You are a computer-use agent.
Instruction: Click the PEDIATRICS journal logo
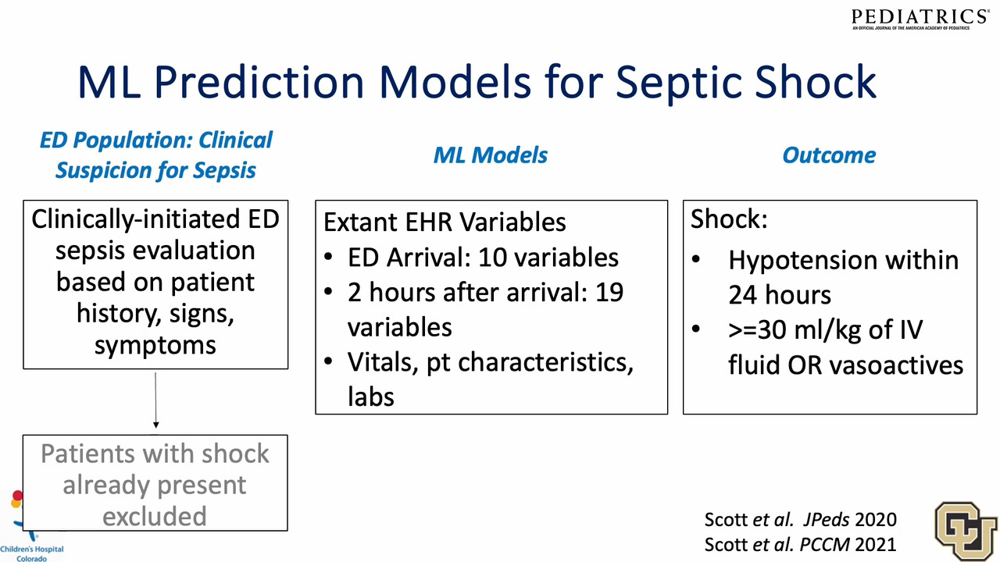click(x=920, y=20)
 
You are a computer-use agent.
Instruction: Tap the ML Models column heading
click(x=490, y=155)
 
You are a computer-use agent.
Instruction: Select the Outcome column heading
click(x=829, y=155)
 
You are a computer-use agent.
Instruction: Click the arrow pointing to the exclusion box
click(x=155, y=400)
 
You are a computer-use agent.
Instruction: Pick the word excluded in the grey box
click(x=155, y=516)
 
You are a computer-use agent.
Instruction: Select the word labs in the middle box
click(x=370, y=397)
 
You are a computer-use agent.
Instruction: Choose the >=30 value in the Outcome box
click(x=757, y=330)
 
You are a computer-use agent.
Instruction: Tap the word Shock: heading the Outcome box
click(x=729, y=219)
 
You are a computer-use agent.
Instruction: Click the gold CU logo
click(x=966, y=531)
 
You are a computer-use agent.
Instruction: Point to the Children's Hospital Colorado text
click(x=32, y=553)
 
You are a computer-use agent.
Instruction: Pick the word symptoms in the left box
click(x=155, y=346)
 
